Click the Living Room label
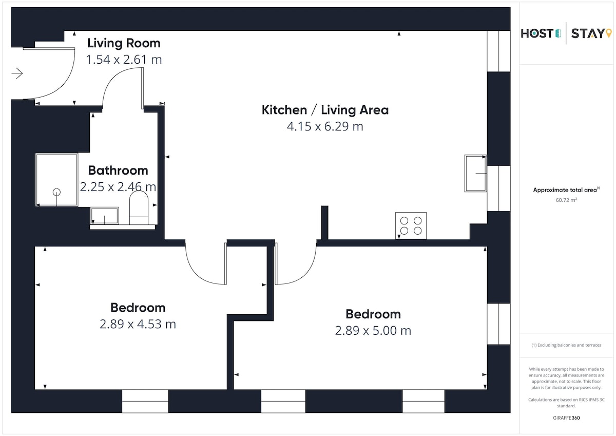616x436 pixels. (124, 43)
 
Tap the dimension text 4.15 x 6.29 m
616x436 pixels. (325, 126)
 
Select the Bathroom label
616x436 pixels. (118, 170)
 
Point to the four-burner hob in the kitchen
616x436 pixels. (411, 225)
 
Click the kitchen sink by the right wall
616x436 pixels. (475, 173)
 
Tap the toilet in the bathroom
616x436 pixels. (139, 207)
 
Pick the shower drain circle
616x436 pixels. (56, 192)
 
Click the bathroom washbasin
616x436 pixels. (105, 216)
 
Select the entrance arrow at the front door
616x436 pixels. (17, 73)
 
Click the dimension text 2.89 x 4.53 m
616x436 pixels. (138, 324)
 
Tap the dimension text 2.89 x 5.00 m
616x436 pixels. (373, 331)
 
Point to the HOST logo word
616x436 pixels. (537, 33)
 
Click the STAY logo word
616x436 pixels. (588, 33)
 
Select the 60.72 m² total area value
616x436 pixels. (566, 200)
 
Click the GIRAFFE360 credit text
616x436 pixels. (566, 418)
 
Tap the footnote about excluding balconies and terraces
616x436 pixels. (566, 345)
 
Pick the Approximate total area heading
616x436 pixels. (566, 190)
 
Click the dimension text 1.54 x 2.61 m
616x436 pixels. (124, 60)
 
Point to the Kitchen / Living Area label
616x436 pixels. (325, 110)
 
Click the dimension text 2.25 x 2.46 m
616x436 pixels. (118, 187)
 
